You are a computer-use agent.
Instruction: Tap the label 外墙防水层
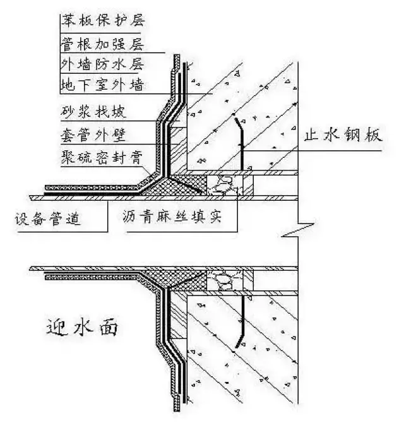click(102, 64)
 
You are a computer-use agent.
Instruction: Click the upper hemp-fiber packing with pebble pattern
click(226, 184)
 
